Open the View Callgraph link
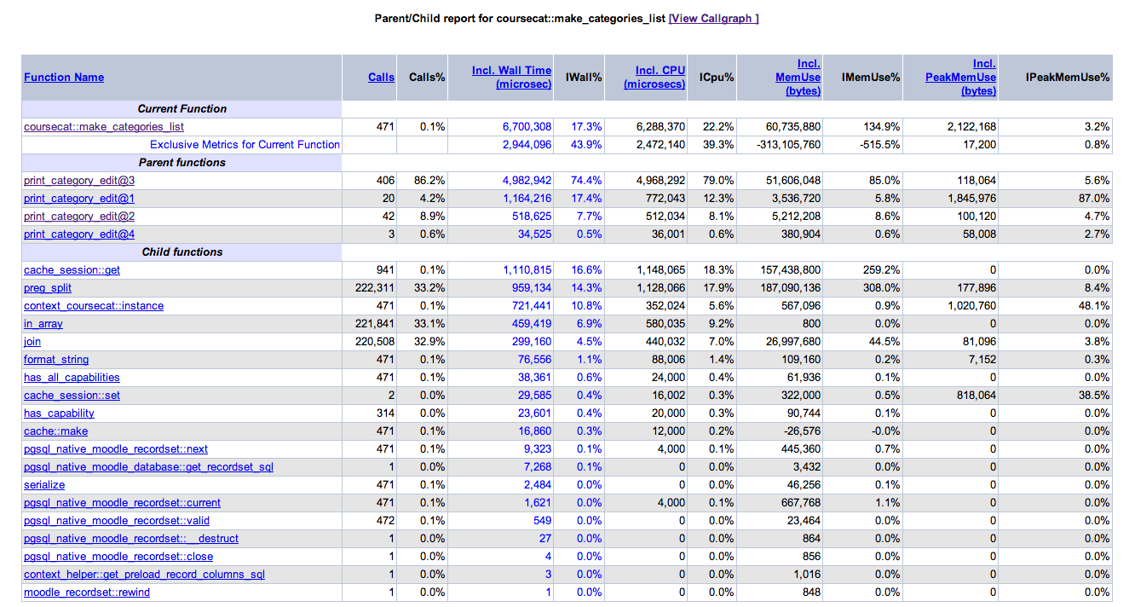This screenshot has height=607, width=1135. (x=713, y=18)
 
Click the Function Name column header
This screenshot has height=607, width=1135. (x=64, y=77)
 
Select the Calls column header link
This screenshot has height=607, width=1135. (x=381, y=77)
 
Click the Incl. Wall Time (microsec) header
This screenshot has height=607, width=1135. (x=511, y=77)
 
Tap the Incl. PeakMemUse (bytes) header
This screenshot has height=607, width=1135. (x=960, y=77)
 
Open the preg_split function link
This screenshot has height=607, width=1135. (x=48, y=288)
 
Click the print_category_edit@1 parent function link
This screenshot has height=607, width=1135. (x=79, y=199)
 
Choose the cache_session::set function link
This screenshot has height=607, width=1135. (x=72, y=396)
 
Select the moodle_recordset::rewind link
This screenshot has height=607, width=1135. (x=87, y=593)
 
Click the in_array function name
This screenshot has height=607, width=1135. (x=43, y=323)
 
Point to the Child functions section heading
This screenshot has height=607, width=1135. (x=181, y=252)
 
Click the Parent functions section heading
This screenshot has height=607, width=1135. (x=181, y=162)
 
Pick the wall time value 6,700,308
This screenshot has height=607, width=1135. (x=527, y=127)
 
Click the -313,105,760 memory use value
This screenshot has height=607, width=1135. (x=788, y=145)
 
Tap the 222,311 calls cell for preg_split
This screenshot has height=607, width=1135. (x=374, y=288)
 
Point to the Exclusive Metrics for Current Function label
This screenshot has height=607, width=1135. (x=245, y=145)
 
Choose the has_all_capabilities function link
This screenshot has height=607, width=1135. (x=72, y=378)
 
